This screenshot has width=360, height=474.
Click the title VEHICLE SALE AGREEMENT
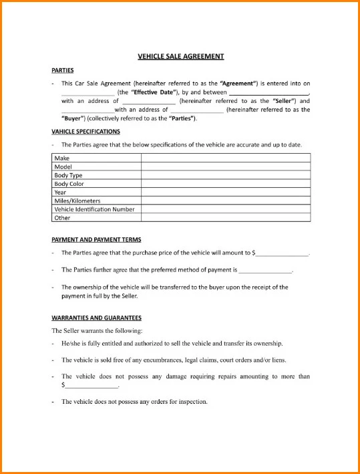pos(180,57)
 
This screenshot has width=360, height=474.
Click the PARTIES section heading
pos(63,70)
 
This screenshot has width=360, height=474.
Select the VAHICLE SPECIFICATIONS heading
pos(85,132)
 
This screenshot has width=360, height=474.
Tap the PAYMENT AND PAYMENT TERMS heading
pos(96,239)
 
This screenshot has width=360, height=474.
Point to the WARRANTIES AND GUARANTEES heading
pos(96,318)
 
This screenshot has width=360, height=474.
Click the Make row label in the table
pos(61,158)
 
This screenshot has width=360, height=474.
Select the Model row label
pos(63,166)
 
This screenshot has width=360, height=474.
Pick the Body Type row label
pos(69,175)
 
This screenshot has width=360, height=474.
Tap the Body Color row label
pos(69,184)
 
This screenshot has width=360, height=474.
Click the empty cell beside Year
pos(225,192)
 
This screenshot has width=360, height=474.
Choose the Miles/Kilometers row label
pos(77,201)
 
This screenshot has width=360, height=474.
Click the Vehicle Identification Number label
pos(94,209)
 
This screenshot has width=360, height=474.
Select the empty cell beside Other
pos(225,217)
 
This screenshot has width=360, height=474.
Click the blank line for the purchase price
pos(283,254)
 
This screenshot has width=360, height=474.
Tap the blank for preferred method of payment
pos(265,271)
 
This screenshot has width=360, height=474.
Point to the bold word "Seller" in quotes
pos(283,101)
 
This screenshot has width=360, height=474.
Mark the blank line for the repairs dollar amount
pos(91,386)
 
